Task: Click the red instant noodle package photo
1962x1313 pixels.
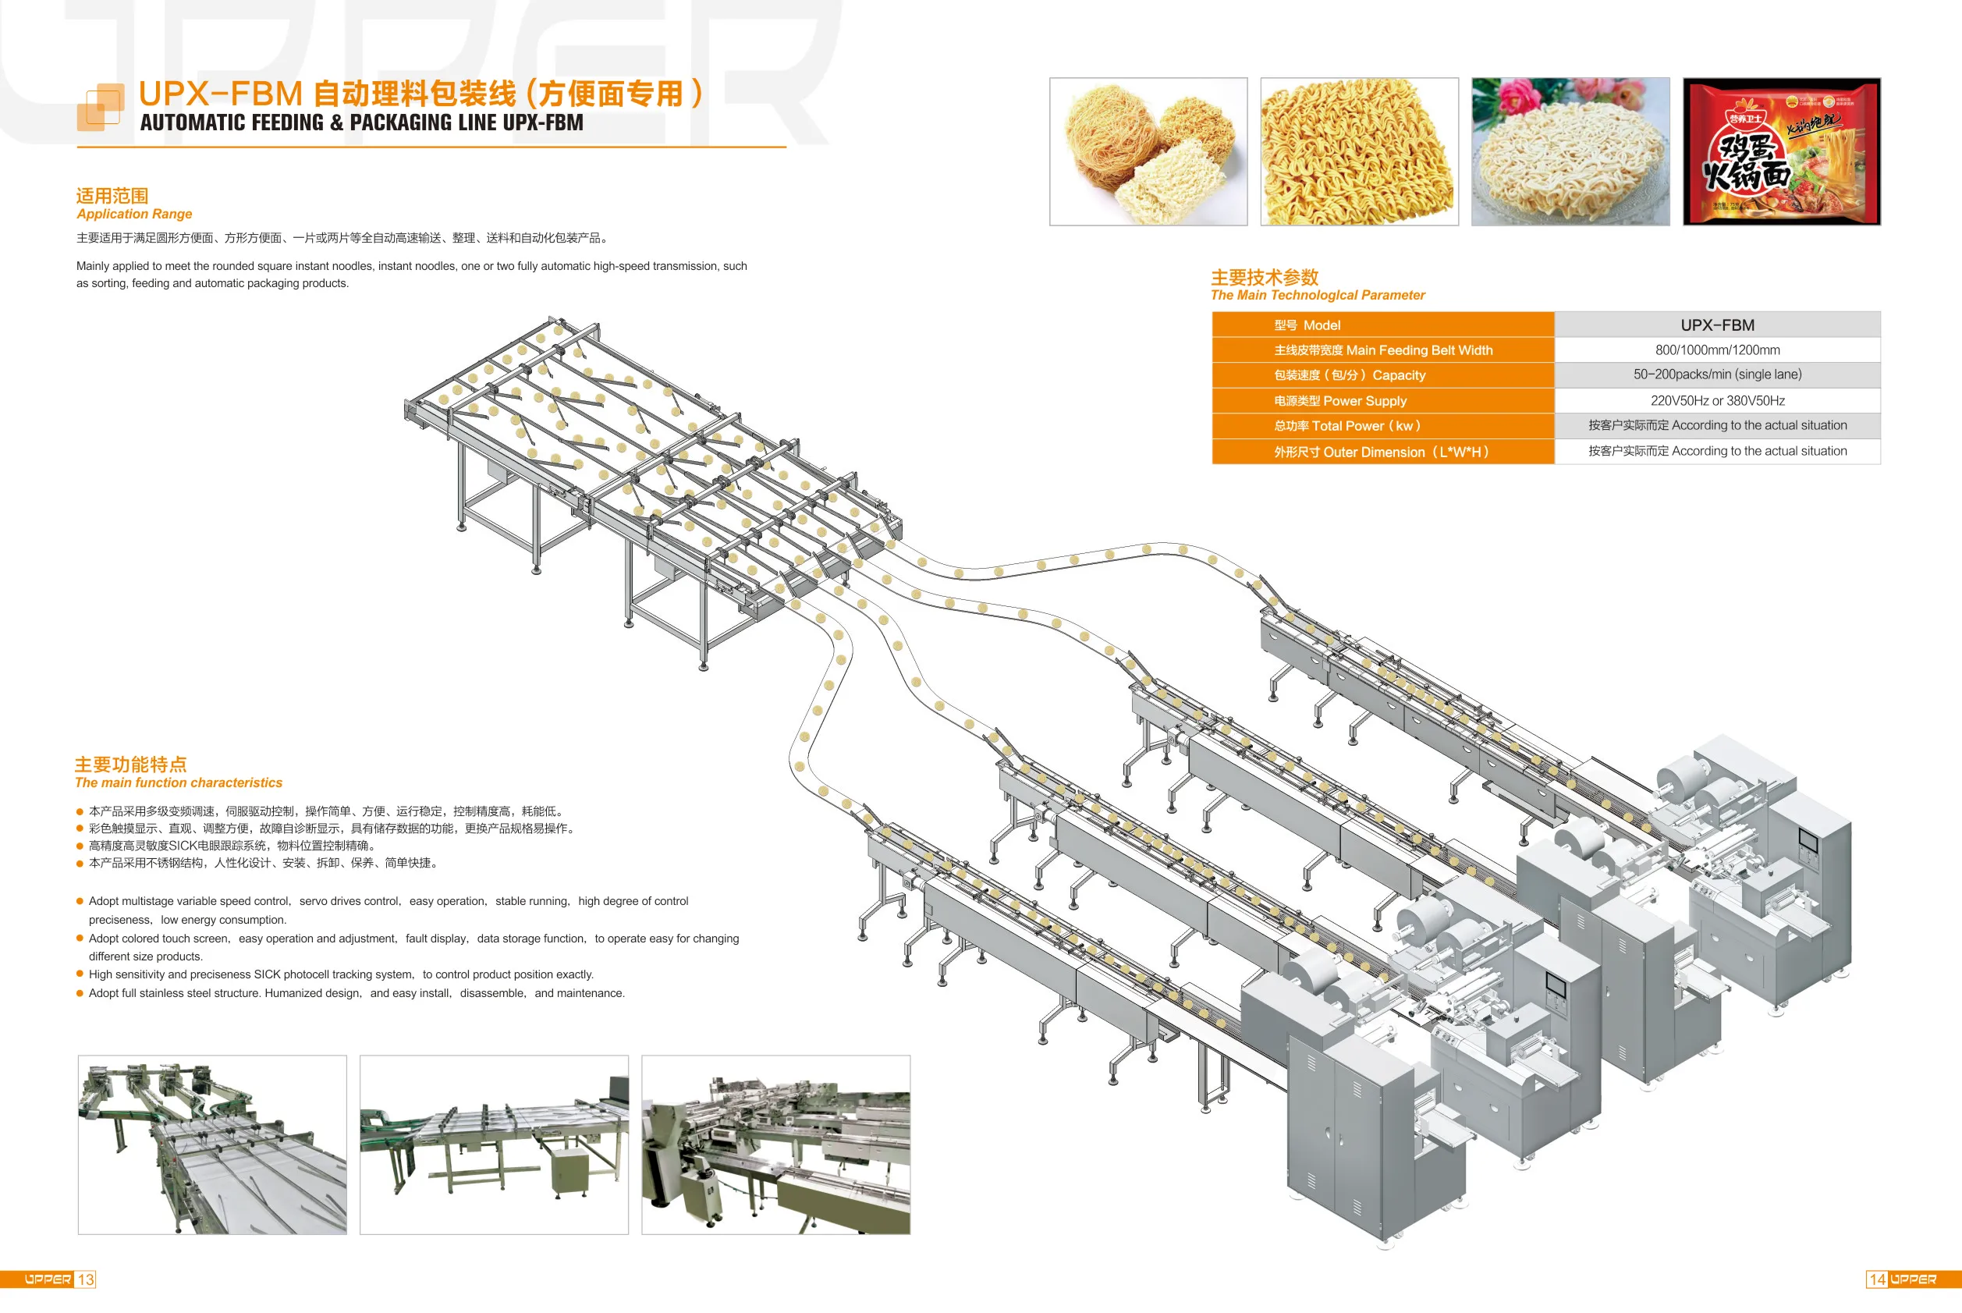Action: click(1781, 151)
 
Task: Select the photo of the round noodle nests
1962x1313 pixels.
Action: click(1148, 151)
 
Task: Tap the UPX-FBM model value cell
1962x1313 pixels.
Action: click(1716, 325)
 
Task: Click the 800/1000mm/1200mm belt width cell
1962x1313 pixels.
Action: click(1716, 350)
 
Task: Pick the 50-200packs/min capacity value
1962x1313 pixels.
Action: click(1716, 374)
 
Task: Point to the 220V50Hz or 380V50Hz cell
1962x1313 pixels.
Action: click(1716, 400)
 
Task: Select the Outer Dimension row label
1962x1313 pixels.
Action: click(1381, 452)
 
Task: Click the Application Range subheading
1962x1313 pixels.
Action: click(134, 215)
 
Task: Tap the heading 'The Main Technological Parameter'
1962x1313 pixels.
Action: click(1317, 296)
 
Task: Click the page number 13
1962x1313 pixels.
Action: click(85, 1279)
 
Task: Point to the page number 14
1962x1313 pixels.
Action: click(1878, 1279)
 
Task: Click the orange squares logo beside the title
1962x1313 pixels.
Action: click(101, 107)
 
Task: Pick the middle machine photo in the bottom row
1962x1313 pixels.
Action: click(494, 1144)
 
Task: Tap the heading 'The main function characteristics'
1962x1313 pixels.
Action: click(179, 783)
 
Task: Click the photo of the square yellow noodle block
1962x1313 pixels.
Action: click(1359, 151)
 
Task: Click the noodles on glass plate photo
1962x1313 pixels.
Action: click(1570, 151)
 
